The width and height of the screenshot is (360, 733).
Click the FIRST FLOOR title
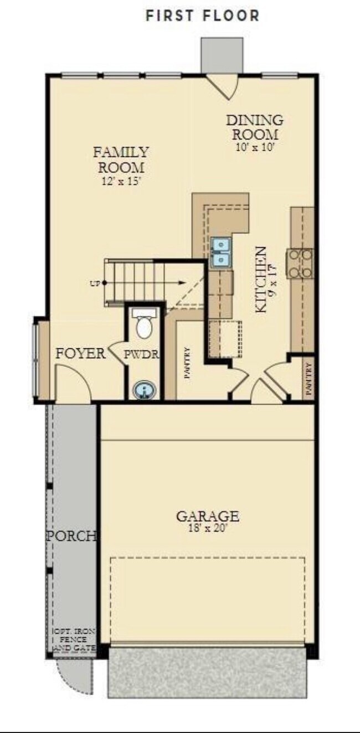click(202, 16)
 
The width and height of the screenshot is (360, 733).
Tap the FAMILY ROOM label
click(120, 159)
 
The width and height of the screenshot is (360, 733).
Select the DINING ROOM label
click(254, 127)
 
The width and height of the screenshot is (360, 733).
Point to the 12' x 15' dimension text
click(120, 180)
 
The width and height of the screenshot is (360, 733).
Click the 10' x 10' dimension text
click(254, 147)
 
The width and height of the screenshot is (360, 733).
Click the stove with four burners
click(300, 262)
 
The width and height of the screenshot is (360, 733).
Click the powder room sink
click(145, 391)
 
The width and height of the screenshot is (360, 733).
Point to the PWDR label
click(141, 354)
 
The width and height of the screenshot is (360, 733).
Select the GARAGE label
click(208, 517)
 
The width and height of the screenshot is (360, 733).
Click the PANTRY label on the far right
click(308, 379)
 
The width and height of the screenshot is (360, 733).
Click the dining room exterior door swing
click(227, 86)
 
